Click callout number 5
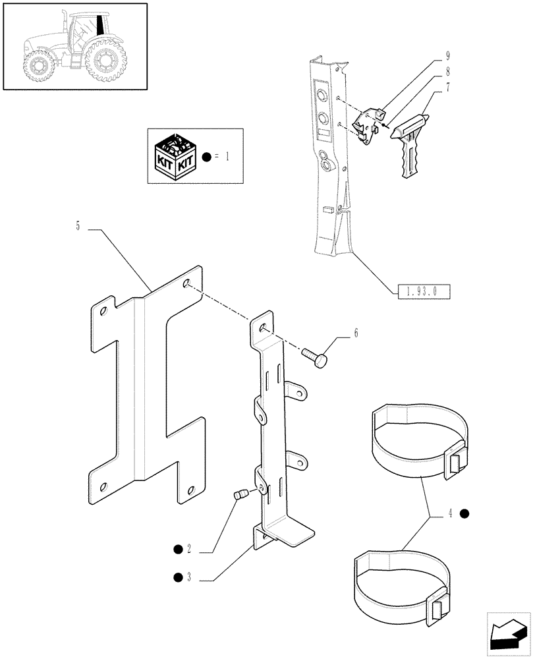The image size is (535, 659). [78, 227]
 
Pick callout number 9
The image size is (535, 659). [448, 57]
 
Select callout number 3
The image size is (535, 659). [188, 578]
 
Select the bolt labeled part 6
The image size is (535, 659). [314, 358]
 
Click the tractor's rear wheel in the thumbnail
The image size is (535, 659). [104, 60]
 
